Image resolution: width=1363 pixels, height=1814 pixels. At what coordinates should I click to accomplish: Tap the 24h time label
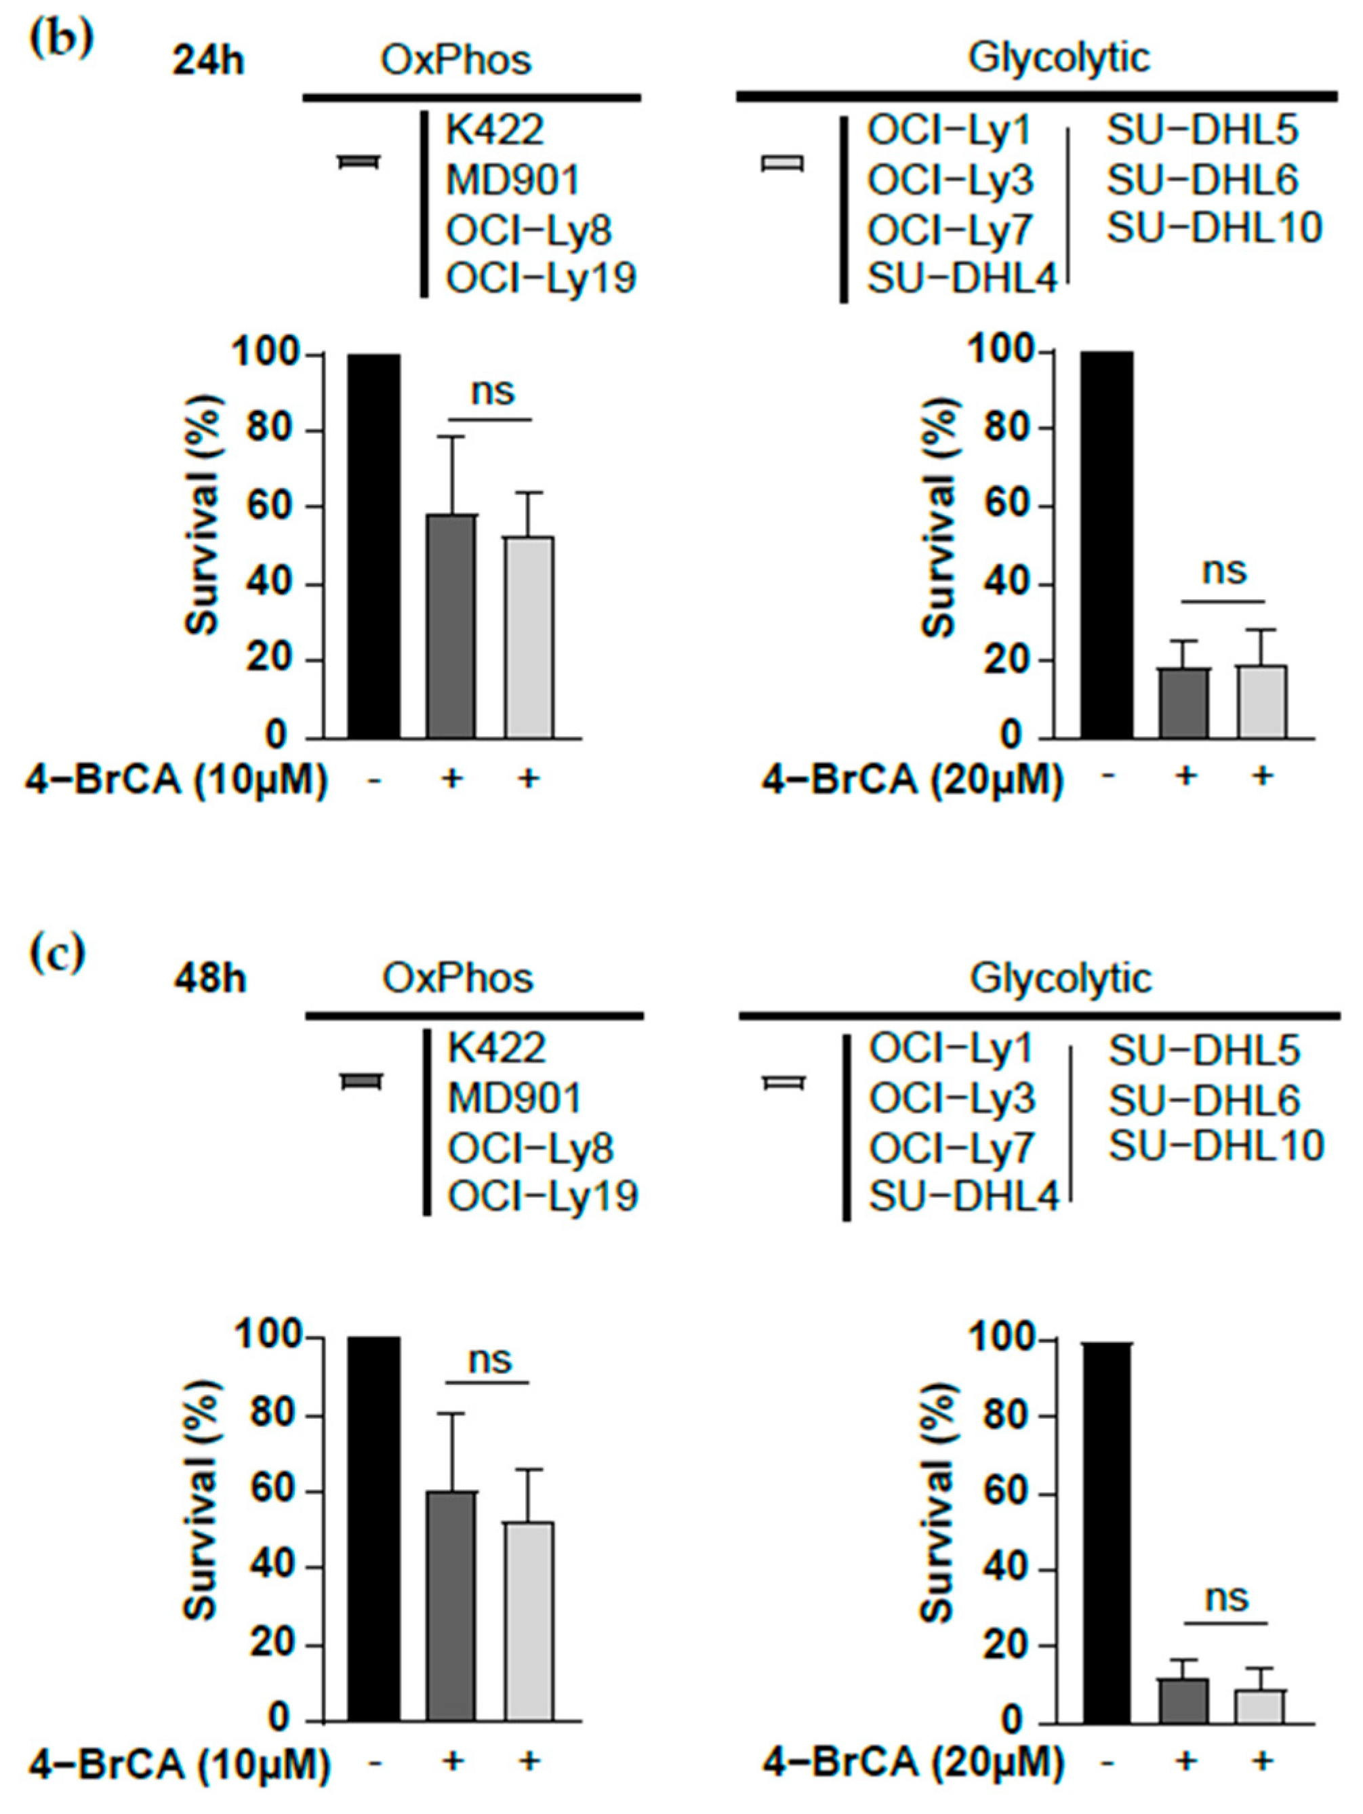coord(208,62)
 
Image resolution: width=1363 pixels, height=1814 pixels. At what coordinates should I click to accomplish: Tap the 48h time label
coord(209,979)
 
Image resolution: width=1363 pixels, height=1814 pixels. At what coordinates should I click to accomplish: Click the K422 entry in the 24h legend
coord(495,129)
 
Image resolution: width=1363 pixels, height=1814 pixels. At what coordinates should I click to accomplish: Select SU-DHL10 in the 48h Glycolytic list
coord(1216,1146)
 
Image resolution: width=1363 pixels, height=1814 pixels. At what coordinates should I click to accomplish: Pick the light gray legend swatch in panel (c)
coord(784,1083)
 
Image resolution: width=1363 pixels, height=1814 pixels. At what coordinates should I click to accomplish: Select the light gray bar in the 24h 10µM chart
coord(529,637)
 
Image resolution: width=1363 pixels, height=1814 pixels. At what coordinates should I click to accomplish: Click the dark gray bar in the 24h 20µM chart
coord(1184,703)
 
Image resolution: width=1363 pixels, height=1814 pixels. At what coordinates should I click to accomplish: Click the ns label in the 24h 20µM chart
coord(1223,570)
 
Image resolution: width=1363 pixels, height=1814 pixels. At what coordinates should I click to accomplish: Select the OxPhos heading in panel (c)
coord(457,978)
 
